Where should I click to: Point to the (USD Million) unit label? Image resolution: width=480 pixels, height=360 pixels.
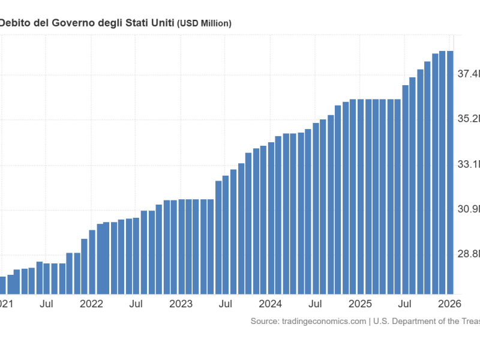tap(204, 23)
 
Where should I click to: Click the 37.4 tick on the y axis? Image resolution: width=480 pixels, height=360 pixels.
tap(468, 74)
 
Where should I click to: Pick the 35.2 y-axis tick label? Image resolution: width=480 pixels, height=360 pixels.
tap(468, 119)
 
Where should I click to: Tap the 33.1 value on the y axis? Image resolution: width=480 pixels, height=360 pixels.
tap(468, 164)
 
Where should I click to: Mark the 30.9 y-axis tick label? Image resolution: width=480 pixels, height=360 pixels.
tap(468, 209)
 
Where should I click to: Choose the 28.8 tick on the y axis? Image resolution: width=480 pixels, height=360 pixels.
tap(468, 254)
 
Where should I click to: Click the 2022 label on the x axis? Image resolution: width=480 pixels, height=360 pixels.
tap(92, 304)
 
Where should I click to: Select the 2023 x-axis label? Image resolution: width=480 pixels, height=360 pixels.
tap(181, 304)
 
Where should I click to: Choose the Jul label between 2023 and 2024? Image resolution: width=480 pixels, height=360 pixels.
tap(226, 304)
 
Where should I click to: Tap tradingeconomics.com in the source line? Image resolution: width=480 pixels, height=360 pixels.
tap(324, 322)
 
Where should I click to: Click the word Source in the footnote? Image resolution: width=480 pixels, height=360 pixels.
tap(265, 322)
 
